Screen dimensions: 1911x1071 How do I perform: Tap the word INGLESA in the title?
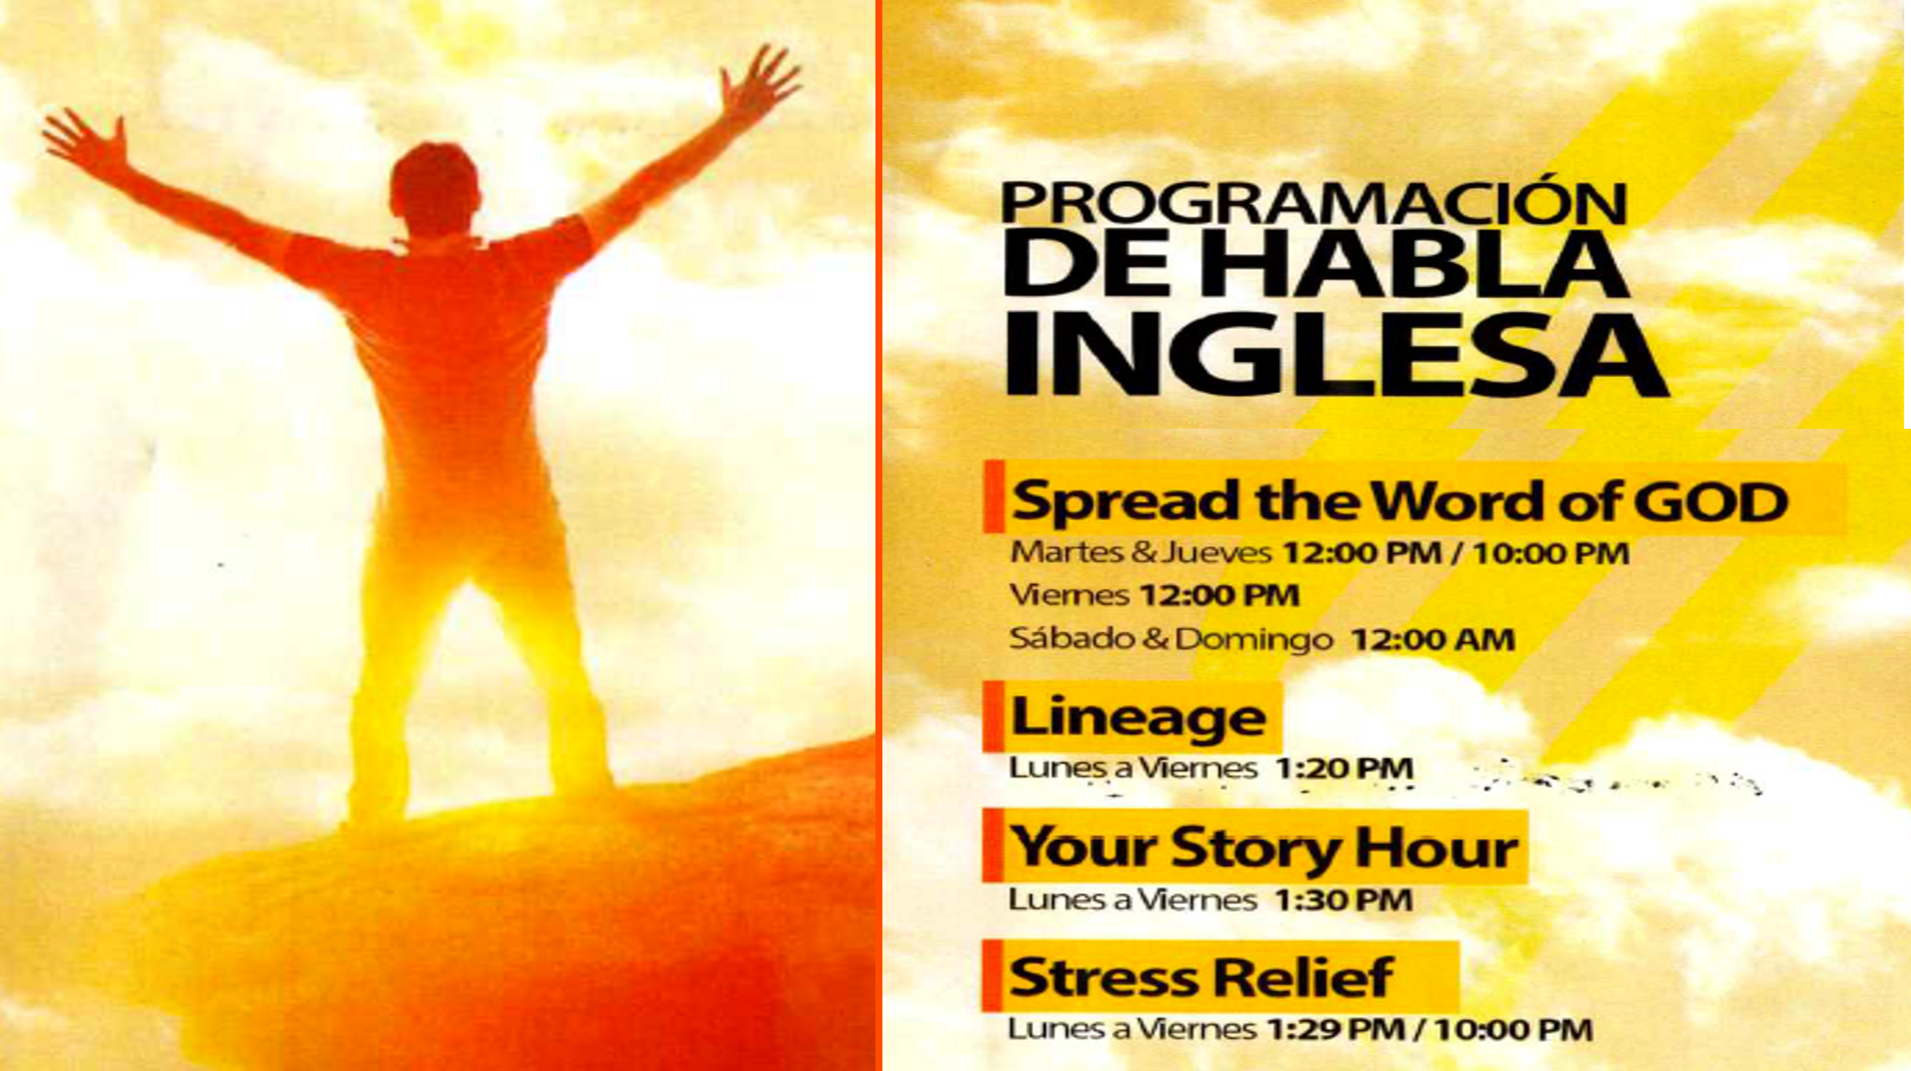(x=1335, y=354)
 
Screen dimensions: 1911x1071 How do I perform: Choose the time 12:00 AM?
(x=1432, y=639)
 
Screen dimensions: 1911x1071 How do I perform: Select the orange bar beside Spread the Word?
(x=993, y=495)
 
